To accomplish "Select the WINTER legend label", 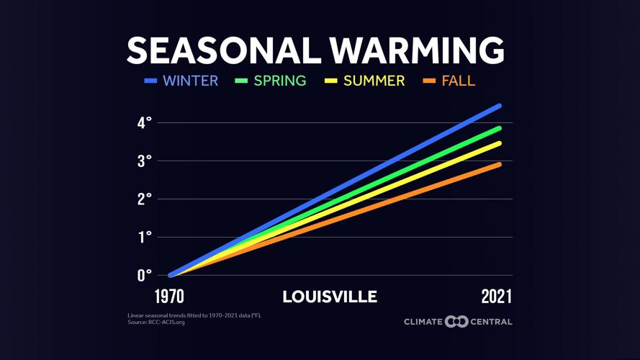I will (x=190, y=81).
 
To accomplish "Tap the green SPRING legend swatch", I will (x=241, y=81).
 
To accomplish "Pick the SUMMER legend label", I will (x=374, y=81).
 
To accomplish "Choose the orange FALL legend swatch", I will (x=429, y=81).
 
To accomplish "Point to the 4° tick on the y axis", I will (x=145, y=123).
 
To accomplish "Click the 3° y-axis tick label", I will (x=145, y=161).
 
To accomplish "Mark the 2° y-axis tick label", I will (x=145, y=199).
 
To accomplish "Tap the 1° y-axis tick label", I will (x=145, y=237).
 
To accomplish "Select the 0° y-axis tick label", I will (x=145, y=275).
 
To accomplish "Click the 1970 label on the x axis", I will (x=169, y=297).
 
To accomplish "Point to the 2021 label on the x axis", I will (x=497, y=297).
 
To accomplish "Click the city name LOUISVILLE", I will (x=330, y=297).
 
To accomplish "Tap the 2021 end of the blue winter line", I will (x=498, y=107).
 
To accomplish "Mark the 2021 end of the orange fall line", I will (x=498, y=165).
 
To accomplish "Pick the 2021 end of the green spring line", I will (x=498, y=129).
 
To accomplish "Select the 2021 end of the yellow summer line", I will (x=498, y=144).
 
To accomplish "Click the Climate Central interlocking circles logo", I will (x=456, y=321).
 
